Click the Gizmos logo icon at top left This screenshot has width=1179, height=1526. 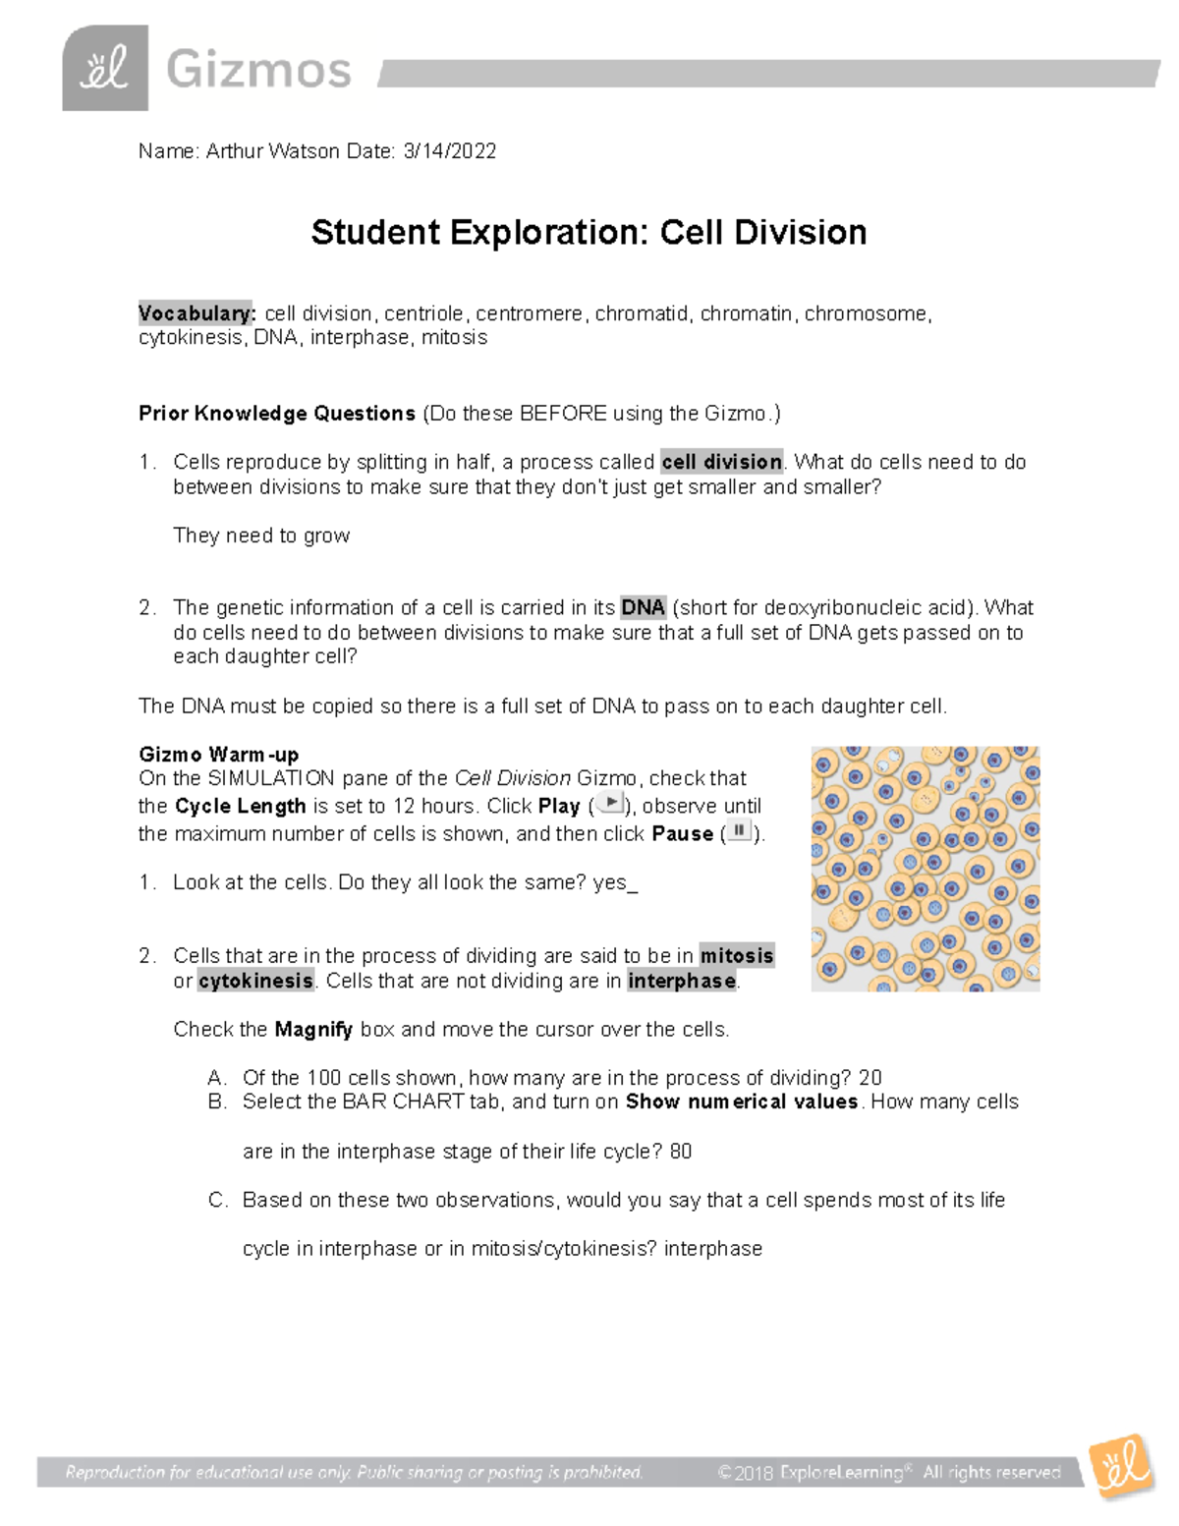(x=105, y=68)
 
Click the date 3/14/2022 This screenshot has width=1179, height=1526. (x=449, y=151)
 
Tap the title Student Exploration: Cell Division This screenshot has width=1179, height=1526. (x=589, y=233)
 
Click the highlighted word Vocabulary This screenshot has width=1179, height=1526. (x=196, y=313)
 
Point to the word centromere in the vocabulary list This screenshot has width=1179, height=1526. (x=529, y=313)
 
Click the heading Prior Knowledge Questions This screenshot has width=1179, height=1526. (x=277, y=414)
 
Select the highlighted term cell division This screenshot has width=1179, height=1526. (x=722, y=462)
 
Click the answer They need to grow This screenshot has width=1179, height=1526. (x=261, y=536)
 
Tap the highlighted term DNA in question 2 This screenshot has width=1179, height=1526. (x=644, y=607)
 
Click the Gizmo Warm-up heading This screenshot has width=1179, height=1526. (x=219, y=755)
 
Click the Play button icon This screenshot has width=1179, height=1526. (x=610, y=804)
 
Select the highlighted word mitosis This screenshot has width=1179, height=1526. (x=737, y=955)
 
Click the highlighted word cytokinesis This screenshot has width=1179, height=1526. (x=256, y=981)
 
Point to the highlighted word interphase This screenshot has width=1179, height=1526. (x=682, y=981)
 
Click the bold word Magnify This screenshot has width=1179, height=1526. (x=313, y=1030)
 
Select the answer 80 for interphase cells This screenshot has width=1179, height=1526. (x=680, y=1152)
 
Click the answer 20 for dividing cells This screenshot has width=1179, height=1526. (x=870, y=1078)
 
